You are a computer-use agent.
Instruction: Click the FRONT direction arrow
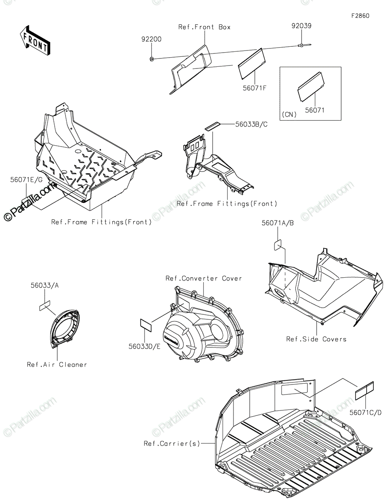[35, 40]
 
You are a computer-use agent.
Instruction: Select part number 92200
[151, 39]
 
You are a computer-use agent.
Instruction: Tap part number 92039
[301, 26]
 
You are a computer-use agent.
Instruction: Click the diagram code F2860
[360, 16]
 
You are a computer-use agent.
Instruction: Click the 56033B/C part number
[251, 124]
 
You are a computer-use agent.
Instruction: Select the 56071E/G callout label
[27, 180]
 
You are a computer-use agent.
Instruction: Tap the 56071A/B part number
[278, 223]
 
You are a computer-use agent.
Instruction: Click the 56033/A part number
[44, 286]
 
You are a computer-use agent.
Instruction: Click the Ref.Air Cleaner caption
[57, 364]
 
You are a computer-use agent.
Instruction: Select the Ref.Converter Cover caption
[203, 278]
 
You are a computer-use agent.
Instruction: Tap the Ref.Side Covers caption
[316, 339]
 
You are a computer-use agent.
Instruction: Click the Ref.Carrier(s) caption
[172, 443]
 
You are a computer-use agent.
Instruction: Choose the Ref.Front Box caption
[204, 27]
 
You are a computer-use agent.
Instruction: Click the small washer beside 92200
[151, 59]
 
